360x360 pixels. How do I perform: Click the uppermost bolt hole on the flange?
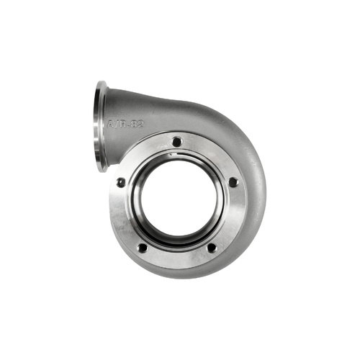(x=176, y=142)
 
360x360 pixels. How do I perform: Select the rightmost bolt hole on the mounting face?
(x=233, y=182)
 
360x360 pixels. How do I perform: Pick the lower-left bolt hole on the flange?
(x=143, y=247)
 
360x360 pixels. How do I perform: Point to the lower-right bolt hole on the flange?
(x=211, y=247)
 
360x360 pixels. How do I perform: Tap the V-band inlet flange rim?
(x=100, y=126)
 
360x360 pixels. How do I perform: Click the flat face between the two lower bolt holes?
(x=177, y=258)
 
